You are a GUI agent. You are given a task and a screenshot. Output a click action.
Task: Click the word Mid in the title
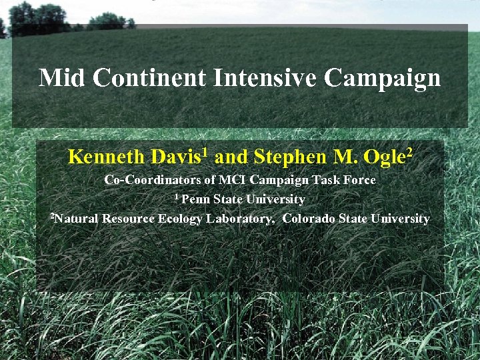(62, 78)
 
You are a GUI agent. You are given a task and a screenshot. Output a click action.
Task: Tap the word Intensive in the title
(265, 78)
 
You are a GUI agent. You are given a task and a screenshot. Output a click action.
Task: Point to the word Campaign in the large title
(383, 79)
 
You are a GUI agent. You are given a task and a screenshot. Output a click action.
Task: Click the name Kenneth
(107, 157)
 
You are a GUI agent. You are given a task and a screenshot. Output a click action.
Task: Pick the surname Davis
(175, 157)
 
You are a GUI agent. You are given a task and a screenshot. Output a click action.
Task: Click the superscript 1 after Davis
(205, 153)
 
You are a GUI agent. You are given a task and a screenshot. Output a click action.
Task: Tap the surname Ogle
(385, 158)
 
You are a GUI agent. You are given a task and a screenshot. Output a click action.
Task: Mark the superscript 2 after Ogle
(409, 153)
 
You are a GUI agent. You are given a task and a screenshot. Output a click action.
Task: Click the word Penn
(195, 199)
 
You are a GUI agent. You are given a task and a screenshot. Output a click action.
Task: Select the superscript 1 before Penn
(177, 197)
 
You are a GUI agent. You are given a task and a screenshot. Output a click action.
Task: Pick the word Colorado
(310, 219)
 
